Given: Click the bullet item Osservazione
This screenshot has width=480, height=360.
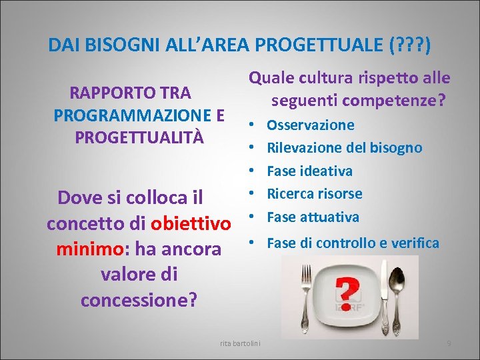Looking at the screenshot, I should click(x=310, y=125).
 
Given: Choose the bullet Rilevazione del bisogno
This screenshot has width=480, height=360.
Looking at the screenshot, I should click(x=344, y=148).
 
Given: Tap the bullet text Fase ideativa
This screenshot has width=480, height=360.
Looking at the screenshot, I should click(x=309, y=171).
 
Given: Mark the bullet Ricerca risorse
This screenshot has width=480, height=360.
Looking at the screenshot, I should click(x=314, y=194).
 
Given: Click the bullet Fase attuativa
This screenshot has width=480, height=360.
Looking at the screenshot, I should click(x=313, y=217).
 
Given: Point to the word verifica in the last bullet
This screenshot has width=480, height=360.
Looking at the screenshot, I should click(x=416, y=243).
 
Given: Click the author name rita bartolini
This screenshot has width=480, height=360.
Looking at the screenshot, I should click(x=241, y=343).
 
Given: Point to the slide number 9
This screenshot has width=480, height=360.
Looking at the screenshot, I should click(x=449, y=343).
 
